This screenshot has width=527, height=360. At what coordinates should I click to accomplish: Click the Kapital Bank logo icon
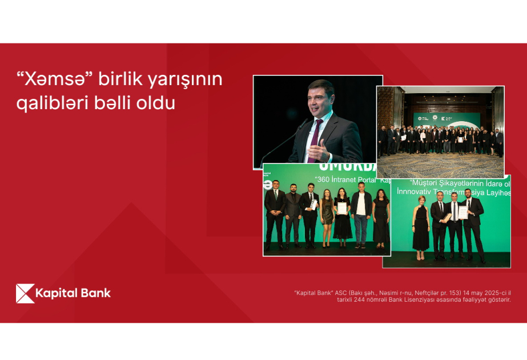tap(25, 293)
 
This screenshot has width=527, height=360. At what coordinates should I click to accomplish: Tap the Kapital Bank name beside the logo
tap(73, 294)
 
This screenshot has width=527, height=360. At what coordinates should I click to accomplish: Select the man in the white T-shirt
tap(361, 214)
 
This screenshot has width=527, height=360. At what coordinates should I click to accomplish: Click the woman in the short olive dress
tap(327, 217)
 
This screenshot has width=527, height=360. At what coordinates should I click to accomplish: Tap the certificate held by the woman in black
tap(342, 208)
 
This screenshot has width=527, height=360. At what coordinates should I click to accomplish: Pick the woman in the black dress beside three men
tap(421, 229)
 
